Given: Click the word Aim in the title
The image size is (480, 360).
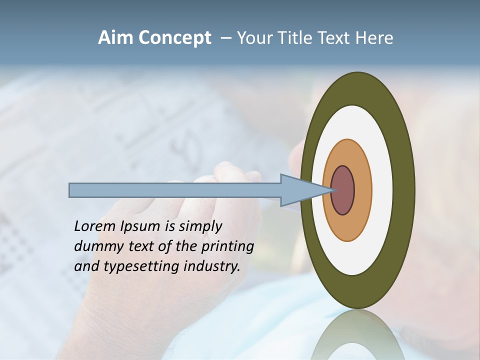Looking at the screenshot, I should (115, 38).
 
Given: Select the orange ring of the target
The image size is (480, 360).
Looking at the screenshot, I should (362, 190).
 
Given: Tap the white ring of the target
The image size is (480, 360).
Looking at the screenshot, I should (382, 190).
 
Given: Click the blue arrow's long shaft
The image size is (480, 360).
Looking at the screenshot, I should (175, 190).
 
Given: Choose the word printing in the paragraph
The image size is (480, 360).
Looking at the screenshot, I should (227, 247).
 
